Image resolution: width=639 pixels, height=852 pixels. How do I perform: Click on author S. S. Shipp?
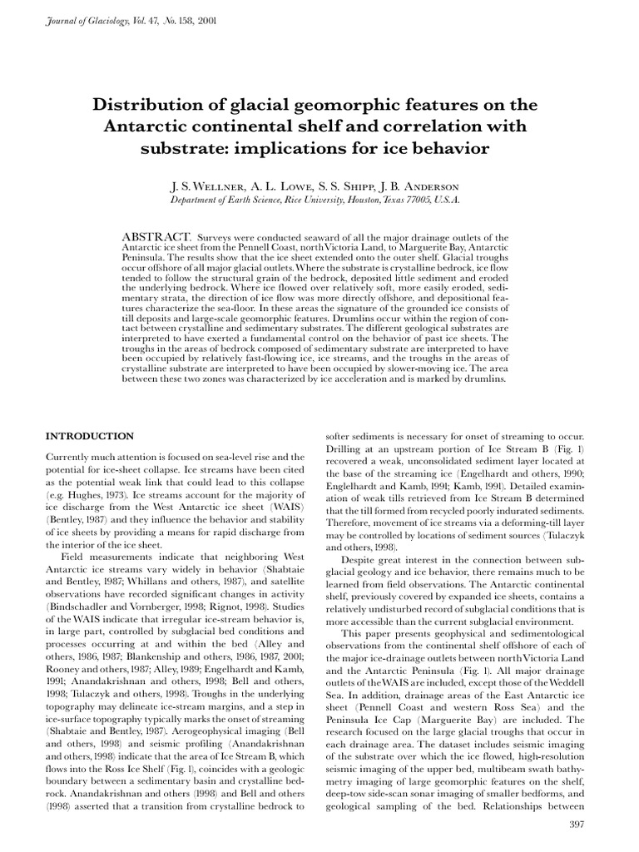[345, 186]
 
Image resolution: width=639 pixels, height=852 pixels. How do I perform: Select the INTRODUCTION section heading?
[89, 435]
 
